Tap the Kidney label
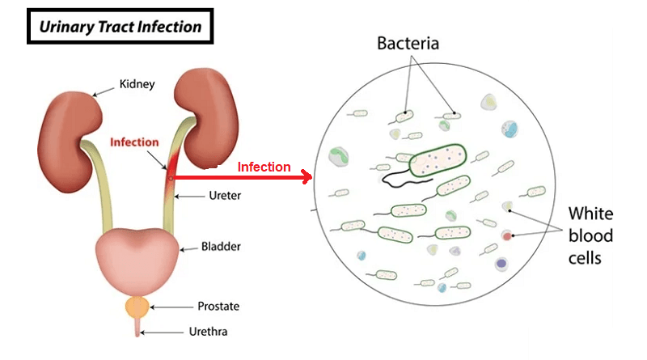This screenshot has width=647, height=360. (137, 84)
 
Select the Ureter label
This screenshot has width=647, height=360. (225, 195)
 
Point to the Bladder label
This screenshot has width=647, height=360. (221, 246)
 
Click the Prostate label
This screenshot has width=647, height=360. (218, 307)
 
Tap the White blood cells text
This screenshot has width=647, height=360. (590, 236)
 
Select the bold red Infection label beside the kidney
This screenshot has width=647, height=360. (134, 142)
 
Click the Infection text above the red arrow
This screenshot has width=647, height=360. (264, 167)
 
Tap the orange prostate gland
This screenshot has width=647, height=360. (137, 307)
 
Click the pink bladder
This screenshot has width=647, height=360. (136, 256)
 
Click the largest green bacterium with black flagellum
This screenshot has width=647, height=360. (438, 160)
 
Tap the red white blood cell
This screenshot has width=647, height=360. (507, 236)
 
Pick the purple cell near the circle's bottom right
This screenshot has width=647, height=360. (501, 264)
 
